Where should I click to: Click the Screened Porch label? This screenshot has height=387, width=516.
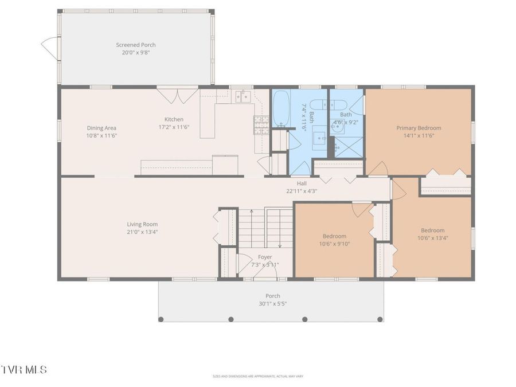click(135, 45)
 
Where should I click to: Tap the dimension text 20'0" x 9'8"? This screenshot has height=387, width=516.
click(135, 52)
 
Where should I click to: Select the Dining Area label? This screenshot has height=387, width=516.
click(102, 128)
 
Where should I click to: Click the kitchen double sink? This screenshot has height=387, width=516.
click(243, 96)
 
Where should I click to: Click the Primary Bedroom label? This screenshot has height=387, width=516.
click(419, 128)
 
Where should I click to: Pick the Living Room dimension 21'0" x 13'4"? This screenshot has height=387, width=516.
click(142, 232)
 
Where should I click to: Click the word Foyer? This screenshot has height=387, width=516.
click(265, 257)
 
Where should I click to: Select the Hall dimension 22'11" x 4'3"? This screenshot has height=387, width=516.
click(302, 191)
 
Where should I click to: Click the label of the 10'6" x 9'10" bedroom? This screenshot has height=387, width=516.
click(334, 236)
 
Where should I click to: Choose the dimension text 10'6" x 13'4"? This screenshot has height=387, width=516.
click(432, 237)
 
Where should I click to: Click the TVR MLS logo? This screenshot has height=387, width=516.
click(24, 370)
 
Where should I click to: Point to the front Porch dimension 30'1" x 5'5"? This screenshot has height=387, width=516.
click(273, 303)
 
